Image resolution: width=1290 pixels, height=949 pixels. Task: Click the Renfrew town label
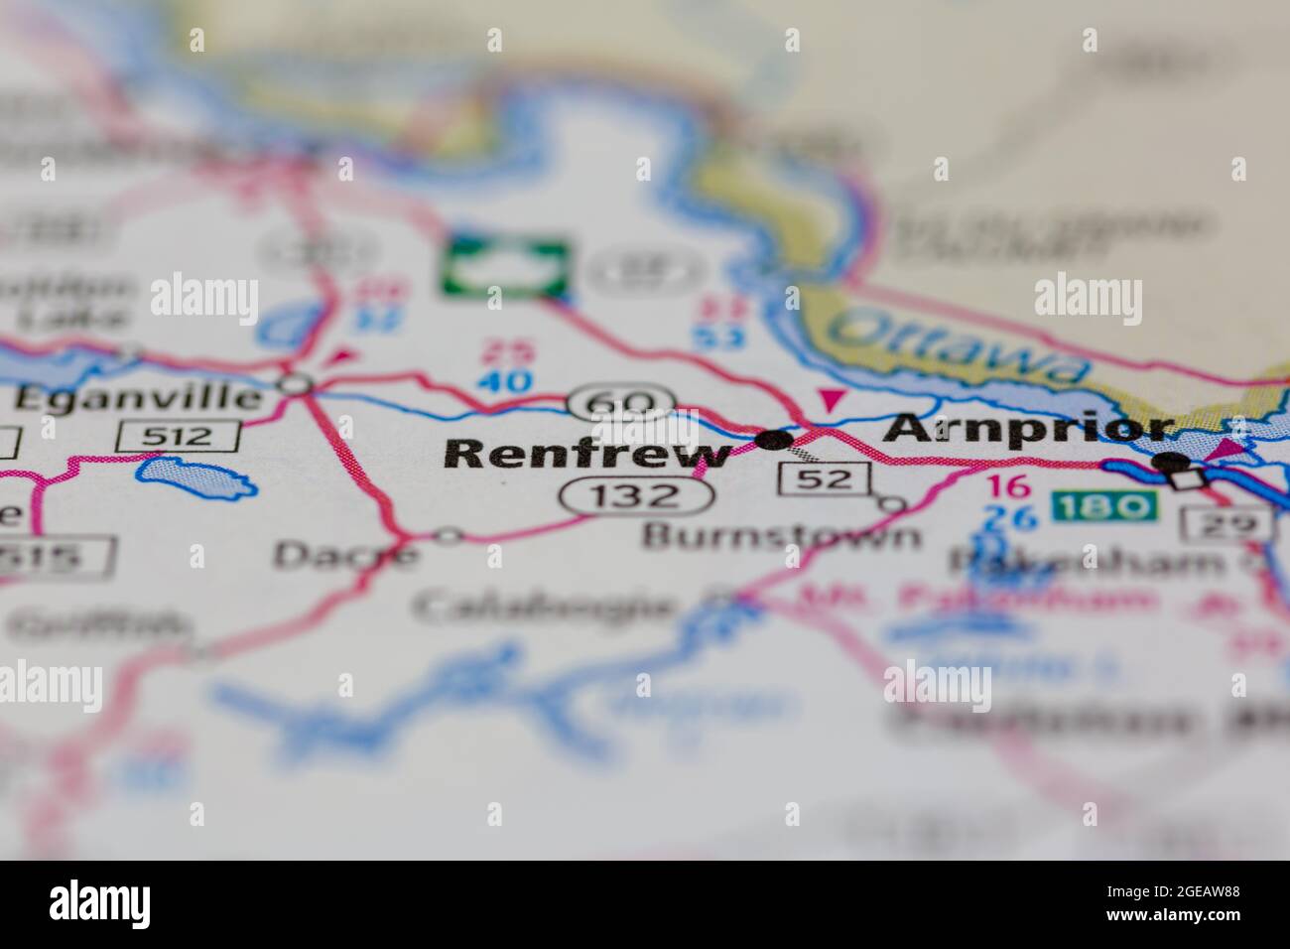coord(587,454)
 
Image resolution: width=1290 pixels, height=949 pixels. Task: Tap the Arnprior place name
coord(1030,429)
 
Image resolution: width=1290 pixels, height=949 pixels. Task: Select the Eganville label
coord(139,399)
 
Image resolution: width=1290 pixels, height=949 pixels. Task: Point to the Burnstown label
coord(781,537)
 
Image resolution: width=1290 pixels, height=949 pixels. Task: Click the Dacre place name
coord(344,554)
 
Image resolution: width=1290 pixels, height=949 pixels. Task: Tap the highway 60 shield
coord(621,403)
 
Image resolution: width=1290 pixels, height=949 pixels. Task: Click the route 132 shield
coord(620,495)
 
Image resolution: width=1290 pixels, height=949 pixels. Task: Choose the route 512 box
coord(179,435)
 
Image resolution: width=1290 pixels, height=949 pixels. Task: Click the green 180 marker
coord(1103,507)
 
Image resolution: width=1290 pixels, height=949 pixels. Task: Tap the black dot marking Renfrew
coord(774,439)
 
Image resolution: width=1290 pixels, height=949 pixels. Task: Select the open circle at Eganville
coord(296,383)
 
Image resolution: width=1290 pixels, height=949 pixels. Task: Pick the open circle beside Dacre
coord(449,536)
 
